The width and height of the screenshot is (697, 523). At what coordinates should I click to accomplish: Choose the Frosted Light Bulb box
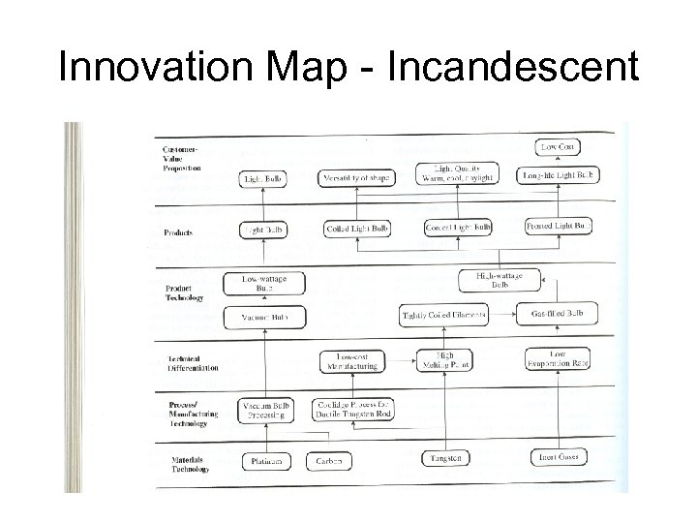pos(560,227)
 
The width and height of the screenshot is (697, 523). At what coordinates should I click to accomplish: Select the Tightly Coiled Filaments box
pos(444,316)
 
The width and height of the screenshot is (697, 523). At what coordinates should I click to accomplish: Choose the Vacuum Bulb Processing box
pos(264,410)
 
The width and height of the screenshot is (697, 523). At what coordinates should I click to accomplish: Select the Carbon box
pos(329,461)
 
